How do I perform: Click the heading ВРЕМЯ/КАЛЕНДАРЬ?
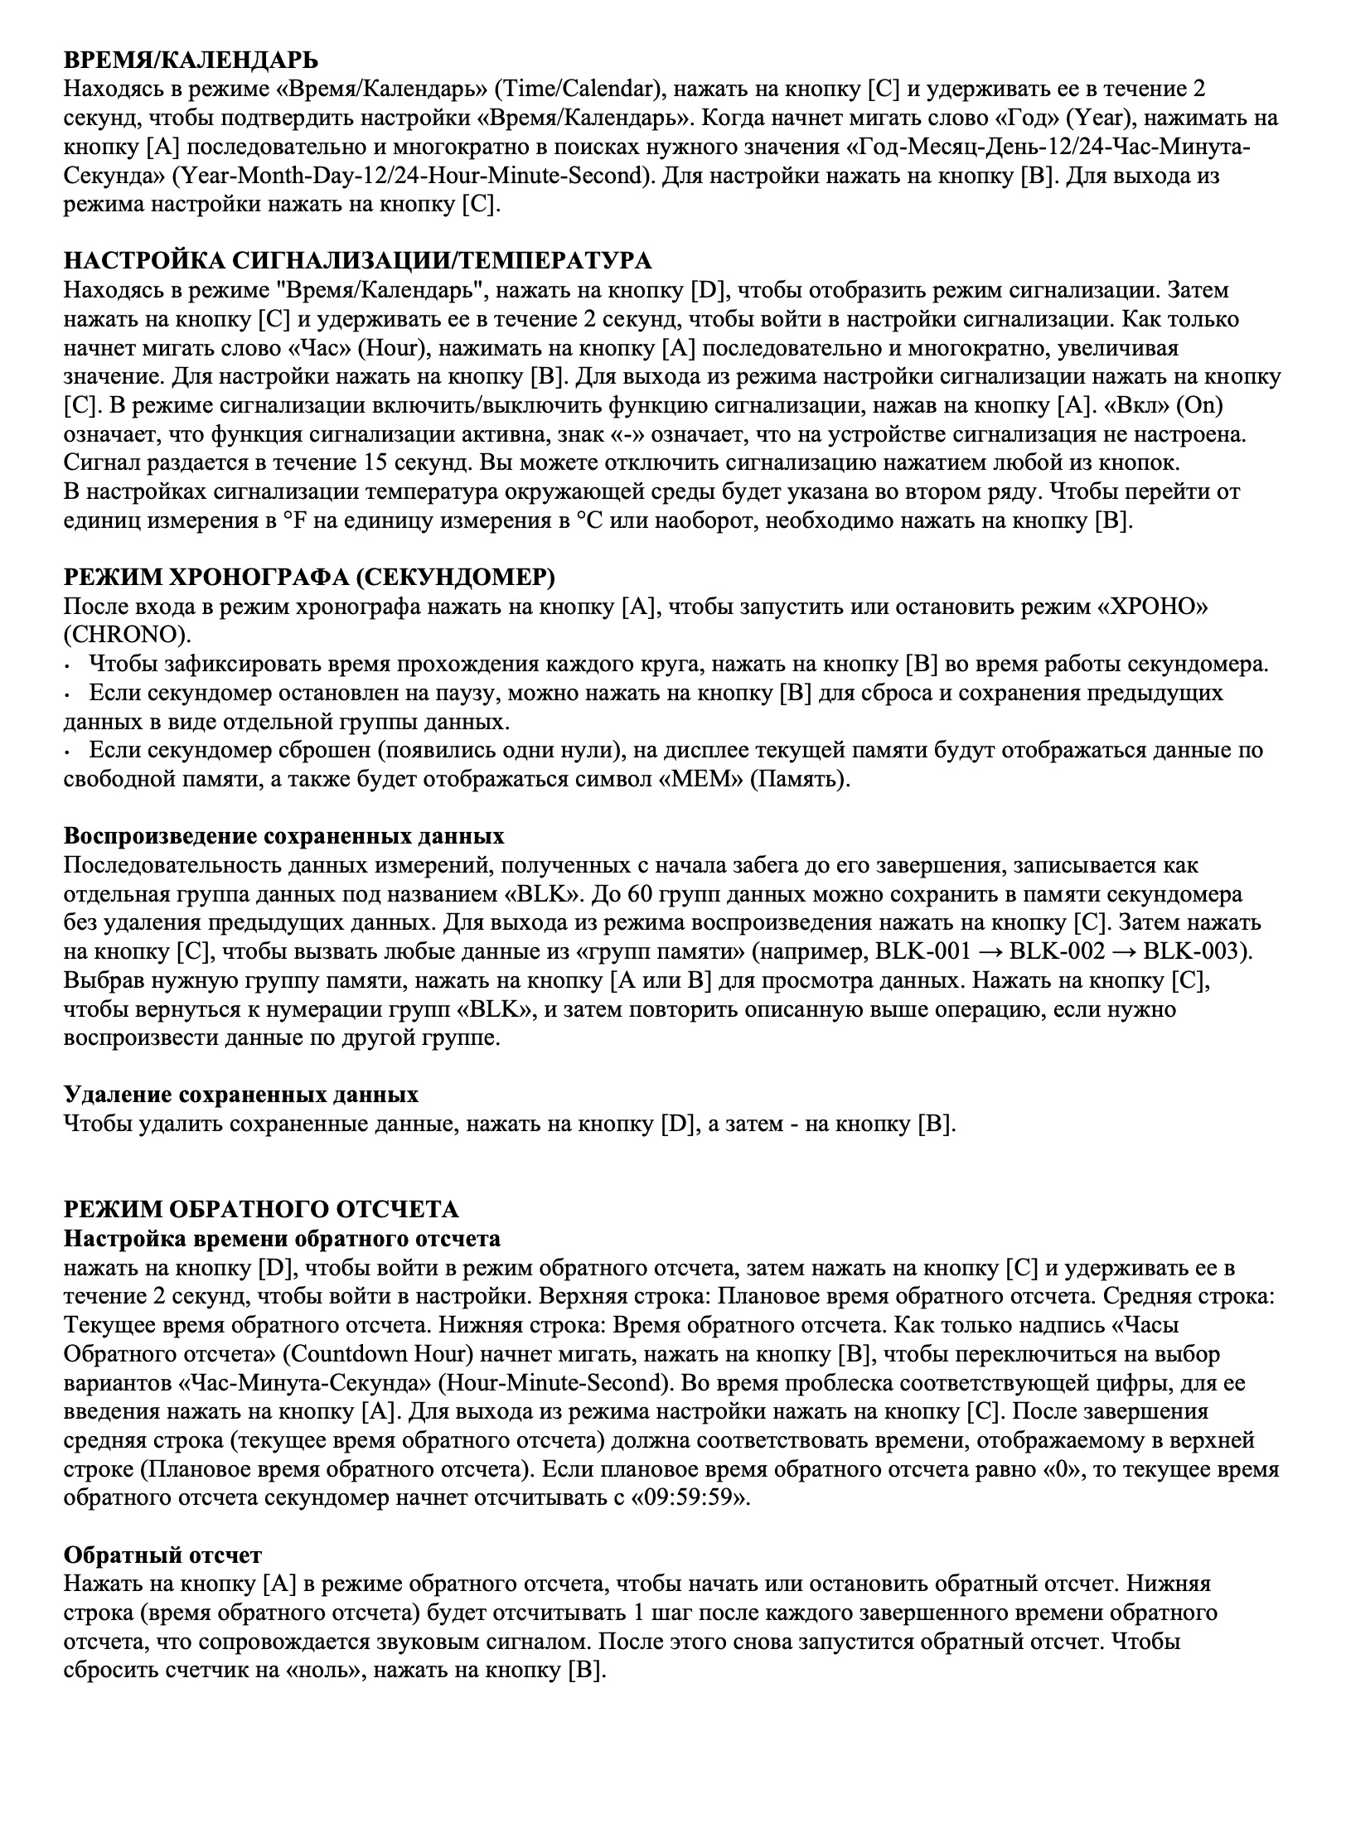tap(191, 60)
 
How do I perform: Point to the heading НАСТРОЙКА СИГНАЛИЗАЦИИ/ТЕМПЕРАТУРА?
tap(358, 261)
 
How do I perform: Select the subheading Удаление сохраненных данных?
tap(241, 1095)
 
